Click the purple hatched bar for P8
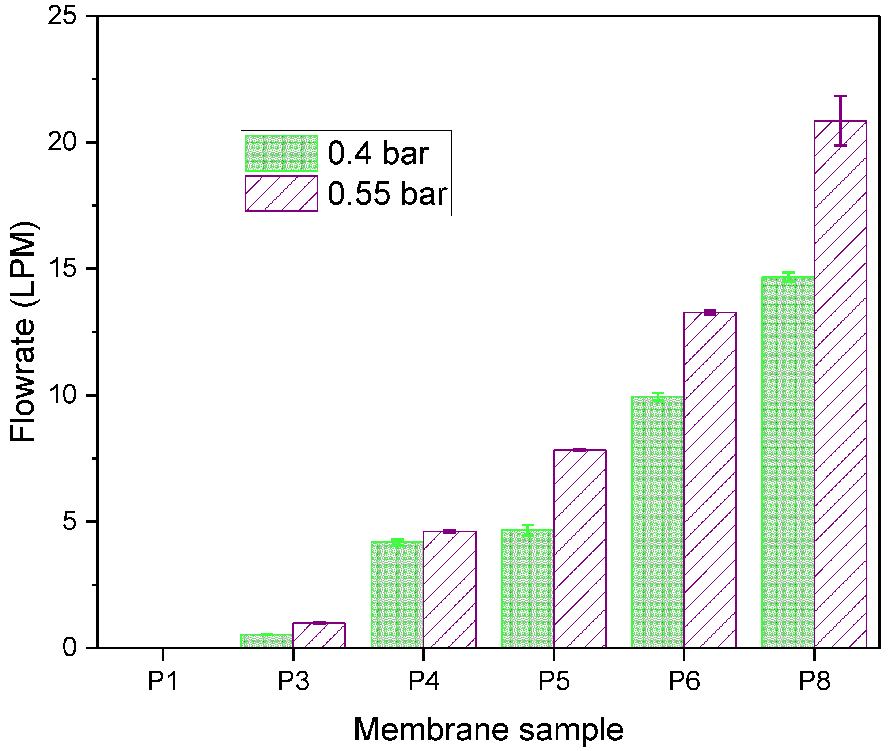click(840, 383)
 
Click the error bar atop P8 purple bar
click(840, 121)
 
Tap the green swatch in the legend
click(281, 153)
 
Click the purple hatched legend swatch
click(281, 193)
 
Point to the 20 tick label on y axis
click(62, 142)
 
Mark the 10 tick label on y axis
click(62, 395)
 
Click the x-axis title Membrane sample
click(488, 730)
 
